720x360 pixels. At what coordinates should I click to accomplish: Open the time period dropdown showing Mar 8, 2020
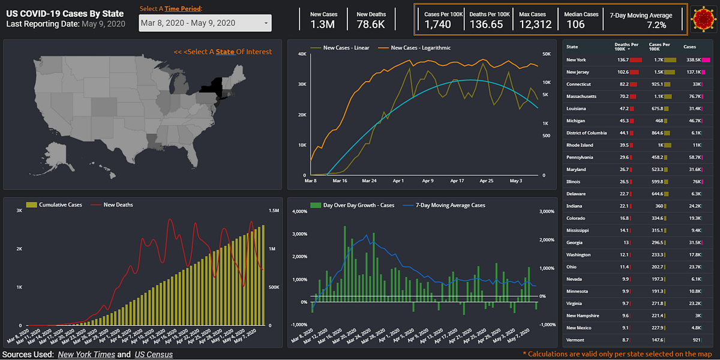click(x=205, y=23)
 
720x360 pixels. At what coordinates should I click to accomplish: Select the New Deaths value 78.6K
click(x=371, y=25)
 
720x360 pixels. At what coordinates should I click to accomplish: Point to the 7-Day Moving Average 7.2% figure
click(x=656, y=25)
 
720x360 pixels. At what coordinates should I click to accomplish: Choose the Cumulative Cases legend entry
click(x=60, y=205)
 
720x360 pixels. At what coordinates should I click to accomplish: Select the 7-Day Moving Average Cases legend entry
click(x=450, y=205)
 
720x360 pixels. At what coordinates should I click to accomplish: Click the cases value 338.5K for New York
click(x=694, y=60)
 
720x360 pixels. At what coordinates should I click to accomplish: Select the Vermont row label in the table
click(x=576, y=340)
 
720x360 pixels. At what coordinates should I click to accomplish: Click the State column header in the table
click(x=572, y=46)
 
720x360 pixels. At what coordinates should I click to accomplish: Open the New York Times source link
click(x=90, y=355)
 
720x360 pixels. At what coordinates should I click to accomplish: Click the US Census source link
click(x=154, y=355)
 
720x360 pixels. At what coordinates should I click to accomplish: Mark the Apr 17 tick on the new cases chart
click(x=457, y=180)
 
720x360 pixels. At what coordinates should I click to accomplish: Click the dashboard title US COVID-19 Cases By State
click(x=65, y=13)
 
